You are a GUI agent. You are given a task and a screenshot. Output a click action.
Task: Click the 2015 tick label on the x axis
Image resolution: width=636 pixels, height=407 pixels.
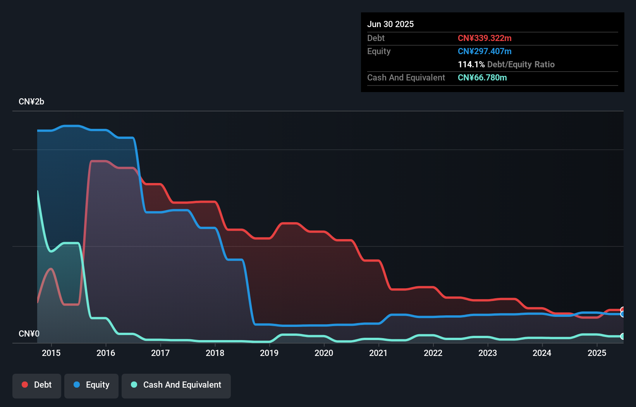point(51,353)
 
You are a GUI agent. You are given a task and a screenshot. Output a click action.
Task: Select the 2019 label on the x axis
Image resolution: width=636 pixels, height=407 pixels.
point(269,353)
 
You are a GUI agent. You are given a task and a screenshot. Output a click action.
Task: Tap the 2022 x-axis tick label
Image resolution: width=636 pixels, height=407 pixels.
point(433,353)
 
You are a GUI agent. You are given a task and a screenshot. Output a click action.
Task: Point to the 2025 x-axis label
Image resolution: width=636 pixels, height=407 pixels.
point(596,353)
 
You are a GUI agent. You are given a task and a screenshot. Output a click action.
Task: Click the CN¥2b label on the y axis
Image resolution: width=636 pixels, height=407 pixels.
point(31,102)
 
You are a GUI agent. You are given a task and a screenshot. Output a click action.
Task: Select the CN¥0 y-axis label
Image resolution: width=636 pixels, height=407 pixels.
point(29,333)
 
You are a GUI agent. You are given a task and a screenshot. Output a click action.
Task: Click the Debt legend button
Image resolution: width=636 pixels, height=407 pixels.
point(37,385)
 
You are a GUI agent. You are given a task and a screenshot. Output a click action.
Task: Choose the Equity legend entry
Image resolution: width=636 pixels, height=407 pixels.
point(91,385)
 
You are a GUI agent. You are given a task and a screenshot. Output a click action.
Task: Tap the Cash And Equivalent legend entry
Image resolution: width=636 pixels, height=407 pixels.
point(176,385)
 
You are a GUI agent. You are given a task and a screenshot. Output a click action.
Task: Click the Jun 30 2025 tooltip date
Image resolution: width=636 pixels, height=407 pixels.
point(390,24)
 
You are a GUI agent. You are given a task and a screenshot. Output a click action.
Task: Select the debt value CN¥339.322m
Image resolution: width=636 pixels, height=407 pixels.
point(485,38)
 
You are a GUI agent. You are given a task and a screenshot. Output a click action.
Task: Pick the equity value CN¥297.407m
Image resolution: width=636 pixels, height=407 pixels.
point(485,51)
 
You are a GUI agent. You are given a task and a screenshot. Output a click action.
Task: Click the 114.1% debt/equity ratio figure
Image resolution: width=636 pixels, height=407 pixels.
point(471,64)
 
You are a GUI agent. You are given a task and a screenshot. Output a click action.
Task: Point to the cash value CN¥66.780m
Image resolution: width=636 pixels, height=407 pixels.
point(482,77)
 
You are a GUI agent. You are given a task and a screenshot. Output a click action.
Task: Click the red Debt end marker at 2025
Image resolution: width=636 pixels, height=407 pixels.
point(622,310)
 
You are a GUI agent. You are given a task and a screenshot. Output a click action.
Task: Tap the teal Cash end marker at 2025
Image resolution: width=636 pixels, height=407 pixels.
point(622,337)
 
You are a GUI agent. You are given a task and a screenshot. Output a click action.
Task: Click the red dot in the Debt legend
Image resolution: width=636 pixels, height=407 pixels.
point(25,385)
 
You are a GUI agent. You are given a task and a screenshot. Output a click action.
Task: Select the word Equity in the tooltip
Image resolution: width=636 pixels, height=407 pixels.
point(379,51)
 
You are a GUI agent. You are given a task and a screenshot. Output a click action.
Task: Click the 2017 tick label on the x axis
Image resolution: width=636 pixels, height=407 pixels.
point(160,353)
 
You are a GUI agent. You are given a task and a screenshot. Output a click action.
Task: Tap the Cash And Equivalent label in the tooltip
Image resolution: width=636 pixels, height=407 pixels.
point(406,77)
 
